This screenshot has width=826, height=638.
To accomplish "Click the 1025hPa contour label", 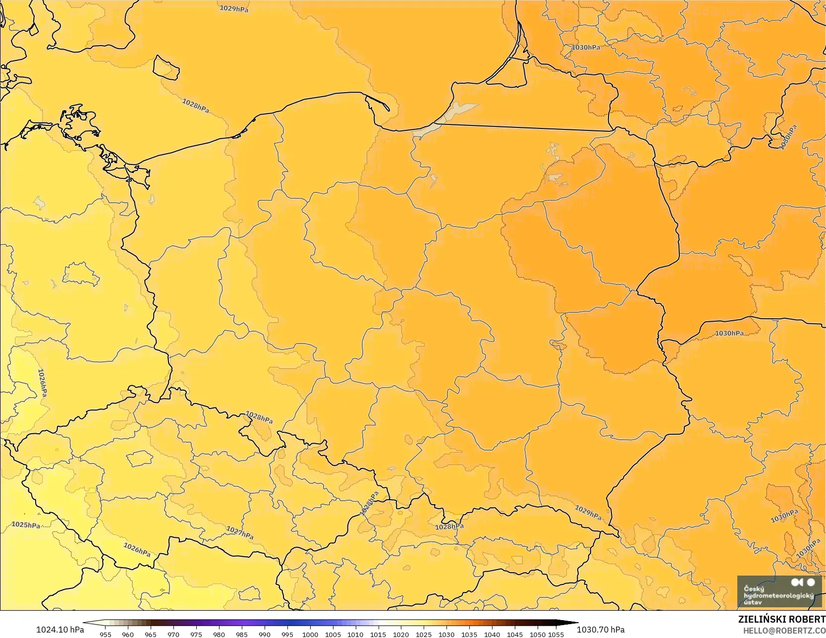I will (26, 525).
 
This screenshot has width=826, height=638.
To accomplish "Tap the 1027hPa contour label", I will (240, 533).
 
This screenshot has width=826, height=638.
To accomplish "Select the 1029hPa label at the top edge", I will (234, 8).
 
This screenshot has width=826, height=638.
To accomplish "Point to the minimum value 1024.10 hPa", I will (59, 630).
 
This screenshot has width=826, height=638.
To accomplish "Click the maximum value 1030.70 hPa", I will (601, 630).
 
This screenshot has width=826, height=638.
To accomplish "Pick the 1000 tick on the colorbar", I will (310, 634).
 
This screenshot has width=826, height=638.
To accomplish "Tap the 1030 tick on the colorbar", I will (446, 634).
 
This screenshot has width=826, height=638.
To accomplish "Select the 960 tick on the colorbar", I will (128, 634).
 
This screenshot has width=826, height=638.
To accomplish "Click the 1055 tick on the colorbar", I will (556, 634).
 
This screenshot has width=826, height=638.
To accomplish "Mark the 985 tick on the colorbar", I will (242, 634).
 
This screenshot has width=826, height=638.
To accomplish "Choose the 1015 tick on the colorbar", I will (378, 634).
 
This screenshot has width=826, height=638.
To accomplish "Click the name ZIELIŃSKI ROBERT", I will (781, 619).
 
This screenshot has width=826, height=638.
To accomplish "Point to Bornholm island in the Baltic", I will (165, 67).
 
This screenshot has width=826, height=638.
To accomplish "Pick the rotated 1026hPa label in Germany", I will (43, 383).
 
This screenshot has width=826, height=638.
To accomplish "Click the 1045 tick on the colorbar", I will (515, 634).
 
